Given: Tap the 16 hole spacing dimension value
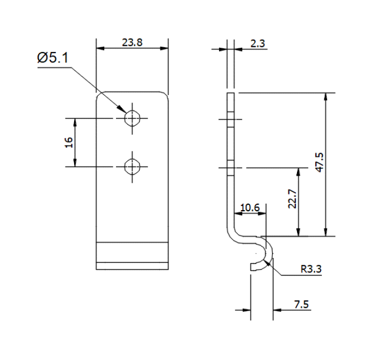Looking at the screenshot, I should click(x=68, y=142).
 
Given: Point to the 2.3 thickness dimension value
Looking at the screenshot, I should click(x=258, y=44).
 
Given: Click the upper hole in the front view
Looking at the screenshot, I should click(x=132, y=118).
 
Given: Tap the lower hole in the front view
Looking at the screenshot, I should click(x=132, y=167).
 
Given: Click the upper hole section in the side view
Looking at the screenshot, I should click(x=230, y=119).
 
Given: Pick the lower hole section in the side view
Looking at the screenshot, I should click(x=230, y=168).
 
